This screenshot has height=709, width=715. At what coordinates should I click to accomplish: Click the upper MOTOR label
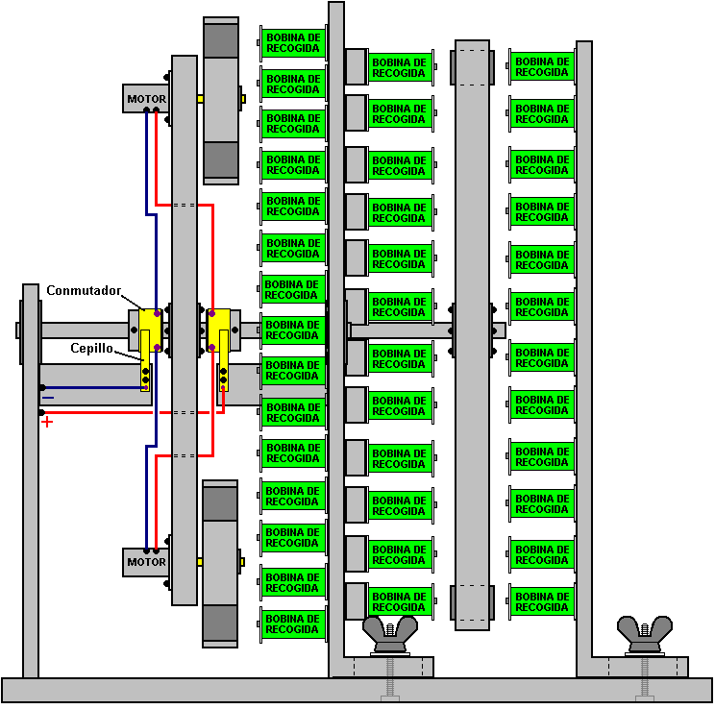coord(146,99)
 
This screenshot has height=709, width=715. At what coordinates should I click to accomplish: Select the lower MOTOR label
coord(146,562)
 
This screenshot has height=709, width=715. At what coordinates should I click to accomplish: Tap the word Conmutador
coord(84,290)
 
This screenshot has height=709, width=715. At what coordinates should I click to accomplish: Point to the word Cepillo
coord(91,349)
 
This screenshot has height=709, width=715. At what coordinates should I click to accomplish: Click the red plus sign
coord(47,422)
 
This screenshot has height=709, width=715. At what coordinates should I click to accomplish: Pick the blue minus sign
coord(48,398)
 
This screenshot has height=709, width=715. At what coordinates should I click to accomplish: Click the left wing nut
coord(390,635)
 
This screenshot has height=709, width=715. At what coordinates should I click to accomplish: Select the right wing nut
coord(644,635)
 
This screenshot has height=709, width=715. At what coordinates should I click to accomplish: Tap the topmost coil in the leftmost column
coord(293,43)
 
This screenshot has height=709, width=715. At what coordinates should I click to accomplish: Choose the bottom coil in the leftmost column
coord(293,624)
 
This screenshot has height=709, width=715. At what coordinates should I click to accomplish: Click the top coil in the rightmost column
coord(542,66)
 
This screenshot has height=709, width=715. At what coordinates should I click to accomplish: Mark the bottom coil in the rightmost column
coord(542,601)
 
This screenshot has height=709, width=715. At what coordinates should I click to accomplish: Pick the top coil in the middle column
coord(400,67)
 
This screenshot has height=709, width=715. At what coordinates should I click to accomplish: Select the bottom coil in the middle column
coord(400,601)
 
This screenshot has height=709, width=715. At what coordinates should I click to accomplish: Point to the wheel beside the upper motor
coord(221,101)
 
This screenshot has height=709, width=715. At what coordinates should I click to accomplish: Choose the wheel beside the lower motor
coord(220,564)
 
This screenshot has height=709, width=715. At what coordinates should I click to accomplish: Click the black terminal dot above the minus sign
coord(42,388)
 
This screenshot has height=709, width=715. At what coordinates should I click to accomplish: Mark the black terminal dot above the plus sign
coord(41,413)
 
